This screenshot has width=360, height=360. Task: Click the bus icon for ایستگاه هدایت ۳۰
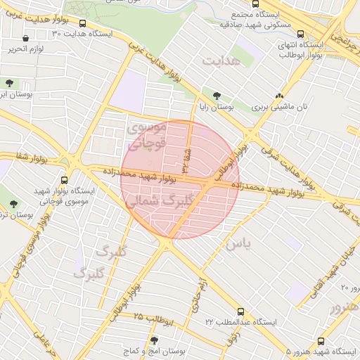click(x=84, y=24)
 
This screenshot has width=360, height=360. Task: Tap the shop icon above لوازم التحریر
click(x=26, y=38)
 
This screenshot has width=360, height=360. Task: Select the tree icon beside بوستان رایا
click(x=216, y=96)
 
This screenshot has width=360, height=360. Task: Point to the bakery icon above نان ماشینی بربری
click(x=280, y=96)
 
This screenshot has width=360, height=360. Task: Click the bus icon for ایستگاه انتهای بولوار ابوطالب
click(x=301, y=33)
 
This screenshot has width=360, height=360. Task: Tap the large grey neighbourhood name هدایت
click(x=221, y=62)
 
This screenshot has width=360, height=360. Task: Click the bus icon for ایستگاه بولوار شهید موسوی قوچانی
click(x=65, y=180)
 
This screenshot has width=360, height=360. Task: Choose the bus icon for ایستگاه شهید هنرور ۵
click(x=321, y=341)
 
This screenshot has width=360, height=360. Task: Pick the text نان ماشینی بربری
click(x=280, y=108)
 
